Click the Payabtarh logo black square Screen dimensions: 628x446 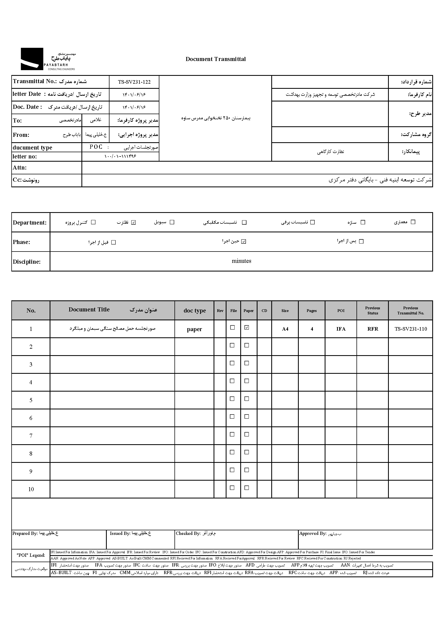tap(32, 59)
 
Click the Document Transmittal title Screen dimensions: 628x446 tap(216, 59)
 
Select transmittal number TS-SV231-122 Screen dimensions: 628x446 tap(134, 82)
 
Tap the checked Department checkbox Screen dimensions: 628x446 tap(134, 222)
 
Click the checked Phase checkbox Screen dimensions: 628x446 tap(243, 242)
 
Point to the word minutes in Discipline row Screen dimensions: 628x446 tap(241, 261)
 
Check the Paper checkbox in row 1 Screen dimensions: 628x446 tap(247, 327)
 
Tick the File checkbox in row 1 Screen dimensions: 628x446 tap(232, 327)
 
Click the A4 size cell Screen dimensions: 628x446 tap(285, 329)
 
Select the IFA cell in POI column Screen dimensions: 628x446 tap(341, 329)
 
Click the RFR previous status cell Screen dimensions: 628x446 tap(373, 329)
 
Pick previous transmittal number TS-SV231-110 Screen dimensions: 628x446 tap(411, 329)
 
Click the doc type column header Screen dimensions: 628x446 tap(194, 311)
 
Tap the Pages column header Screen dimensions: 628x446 tap(312, 311)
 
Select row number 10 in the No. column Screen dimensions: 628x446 tap(31, 489)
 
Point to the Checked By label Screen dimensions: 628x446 tap(188, 533)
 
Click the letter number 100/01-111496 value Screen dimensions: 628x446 tap(120, 156)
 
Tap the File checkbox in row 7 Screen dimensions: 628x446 tap(232, 434)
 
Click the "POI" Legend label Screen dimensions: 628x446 tap(31, 555)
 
